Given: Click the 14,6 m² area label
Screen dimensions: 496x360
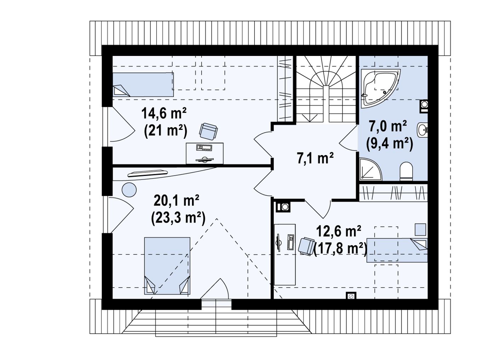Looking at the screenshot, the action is tap(164, 113).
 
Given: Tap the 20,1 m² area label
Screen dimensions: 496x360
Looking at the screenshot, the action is tap(176, 200).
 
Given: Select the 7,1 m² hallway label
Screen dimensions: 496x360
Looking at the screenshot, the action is tap(315, 158).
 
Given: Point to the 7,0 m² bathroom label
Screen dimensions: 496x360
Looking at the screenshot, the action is tap(388, 126).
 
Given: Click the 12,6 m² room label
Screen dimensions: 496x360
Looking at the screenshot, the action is tap(339, 232).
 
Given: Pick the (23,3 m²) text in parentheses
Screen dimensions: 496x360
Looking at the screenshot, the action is tap(178, 218).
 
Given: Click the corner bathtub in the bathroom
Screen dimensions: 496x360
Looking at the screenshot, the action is tap(381, 89).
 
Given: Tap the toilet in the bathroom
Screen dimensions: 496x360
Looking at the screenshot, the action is tap(406, 171).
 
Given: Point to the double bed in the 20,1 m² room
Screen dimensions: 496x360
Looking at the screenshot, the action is tap(167, 266).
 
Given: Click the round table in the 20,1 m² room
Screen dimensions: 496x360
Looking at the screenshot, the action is tap(129, 190).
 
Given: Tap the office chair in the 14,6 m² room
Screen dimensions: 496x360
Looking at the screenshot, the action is tap(208, 131).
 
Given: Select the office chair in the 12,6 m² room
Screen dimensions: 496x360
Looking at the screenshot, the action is tap(307, 246).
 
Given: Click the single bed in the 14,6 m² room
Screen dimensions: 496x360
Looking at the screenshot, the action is tap(143, 85).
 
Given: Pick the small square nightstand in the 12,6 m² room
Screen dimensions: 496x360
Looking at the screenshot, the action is tap(420, 229).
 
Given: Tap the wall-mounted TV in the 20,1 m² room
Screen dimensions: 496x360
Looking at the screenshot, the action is tap(147, 173).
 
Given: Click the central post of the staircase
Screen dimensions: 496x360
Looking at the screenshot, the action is tap(326, 104).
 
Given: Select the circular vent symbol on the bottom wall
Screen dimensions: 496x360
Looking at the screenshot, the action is tap(351, 296).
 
